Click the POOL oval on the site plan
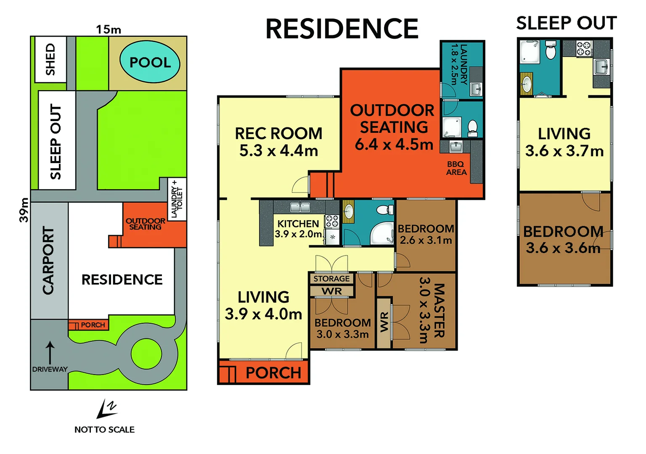[x=150, y=62]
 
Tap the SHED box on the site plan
[x=50, y=59]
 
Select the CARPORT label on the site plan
[x=49, y=261]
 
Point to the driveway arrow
[x=50, y=352]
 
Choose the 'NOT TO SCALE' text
[x=104, y=430]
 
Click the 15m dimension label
[x=109, y=29]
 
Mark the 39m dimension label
[x=24, y=210]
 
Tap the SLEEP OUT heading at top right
[x=566, y=24]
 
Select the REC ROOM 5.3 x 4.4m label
[x=278, y=142]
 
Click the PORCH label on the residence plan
[x=273, y=373]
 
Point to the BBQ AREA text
[x=456, y=168]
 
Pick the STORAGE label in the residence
[x=331, y=279]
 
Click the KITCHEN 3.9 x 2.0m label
[x=298, y=229]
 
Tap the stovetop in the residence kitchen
[x=332, y=221]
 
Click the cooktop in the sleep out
[x=584, y=48]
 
